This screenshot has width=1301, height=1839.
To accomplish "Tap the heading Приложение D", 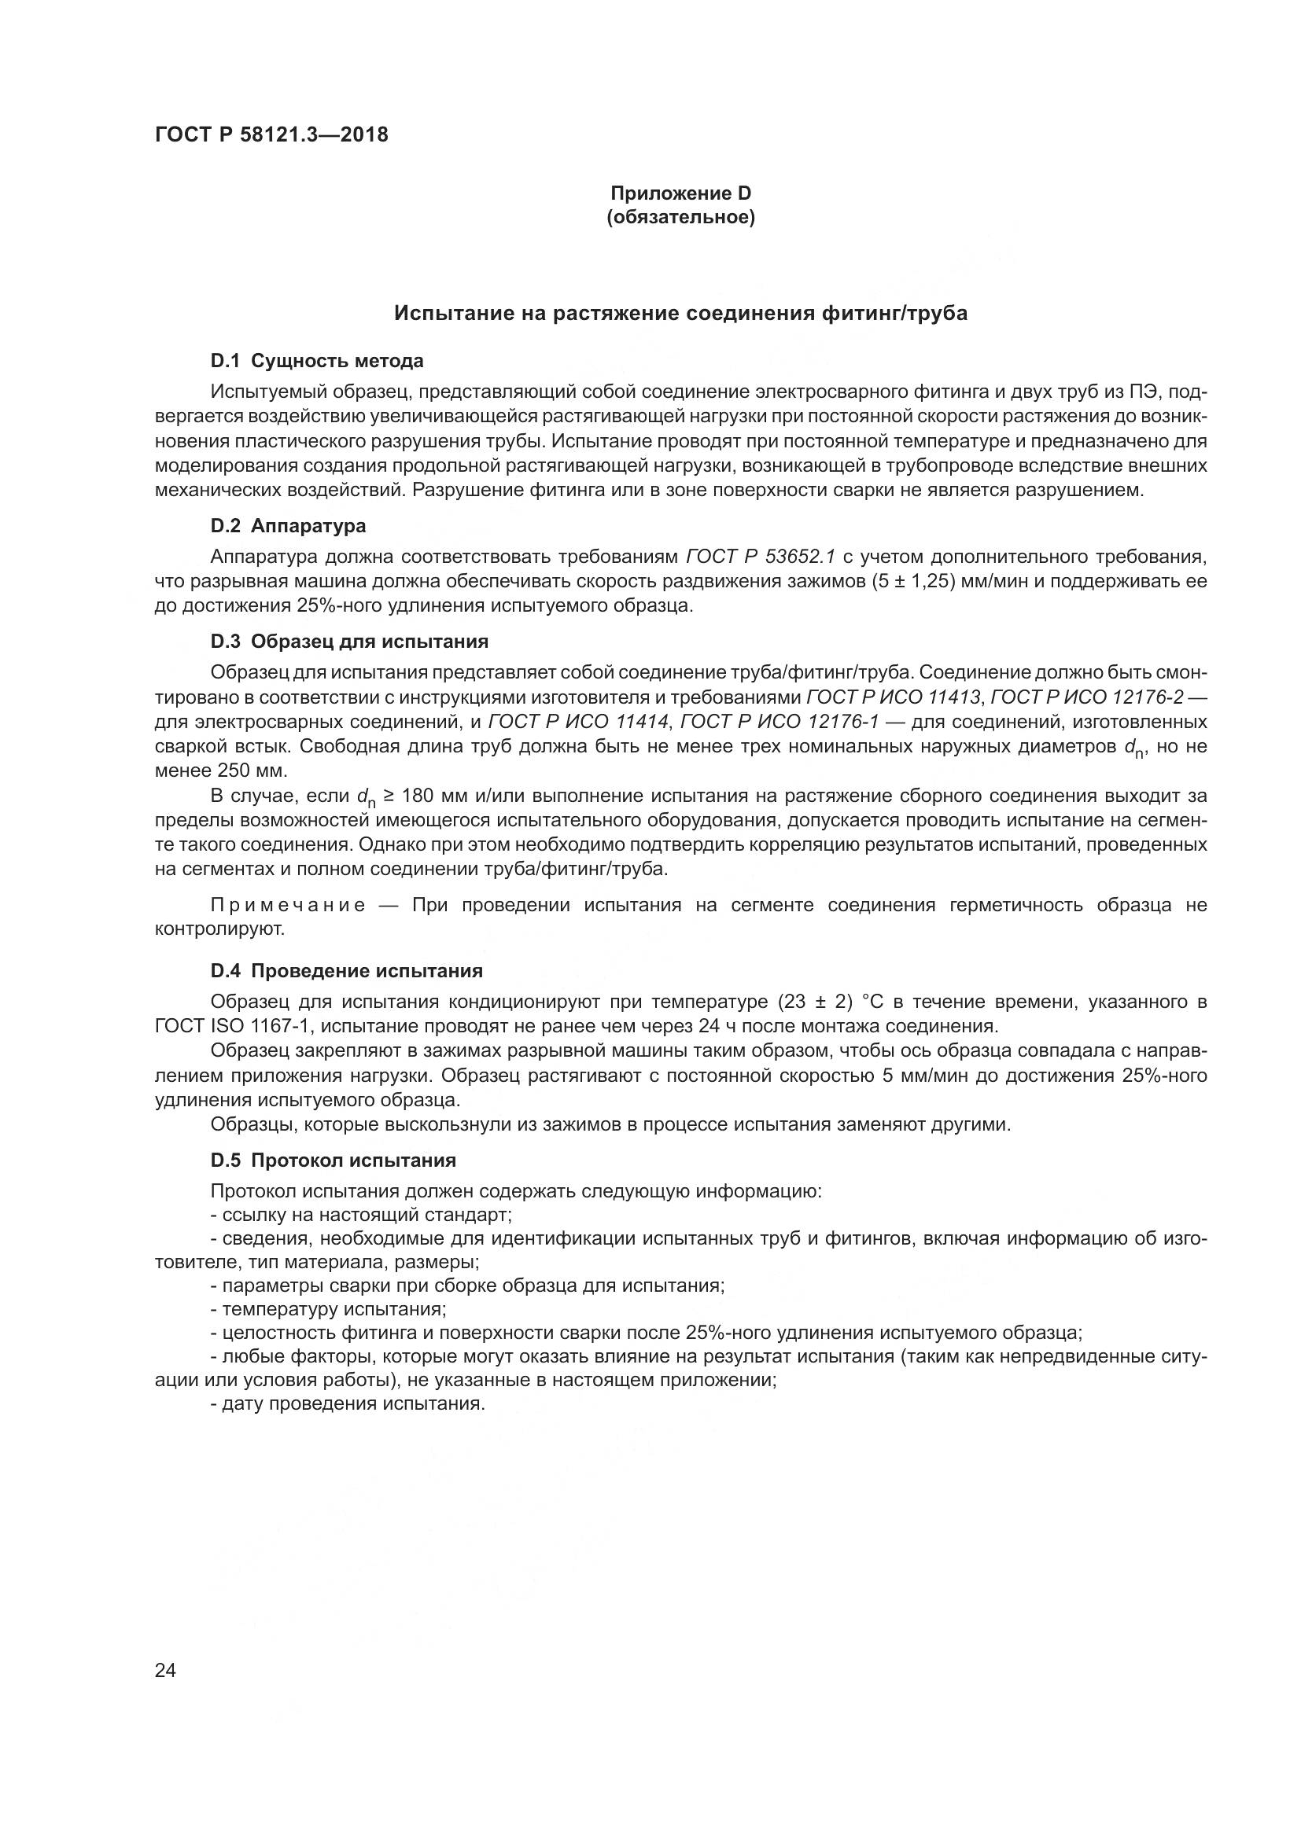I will click(681, 193).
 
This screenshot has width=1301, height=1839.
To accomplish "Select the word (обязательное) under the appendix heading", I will click(681, 218).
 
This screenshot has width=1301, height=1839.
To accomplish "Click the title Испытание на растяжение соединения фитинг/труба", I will click(681, 313).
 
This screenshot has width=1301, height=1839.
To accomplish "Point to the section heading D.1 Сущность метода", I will click(316, 361).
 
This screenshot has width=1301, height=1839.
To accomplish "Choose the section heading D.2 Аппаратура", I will click(289, 526).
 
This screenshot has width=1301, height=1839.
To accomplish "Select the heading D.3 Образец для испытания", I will click(349, 642).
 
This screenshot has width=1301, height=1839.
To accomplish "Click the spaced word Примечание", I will click(289, 906).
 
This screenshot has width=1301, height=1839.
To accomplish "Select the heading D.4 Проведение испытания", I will click(346, 972).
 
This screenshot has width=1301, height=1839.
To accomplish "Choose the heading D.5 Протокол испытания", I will click(334, 1160).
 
